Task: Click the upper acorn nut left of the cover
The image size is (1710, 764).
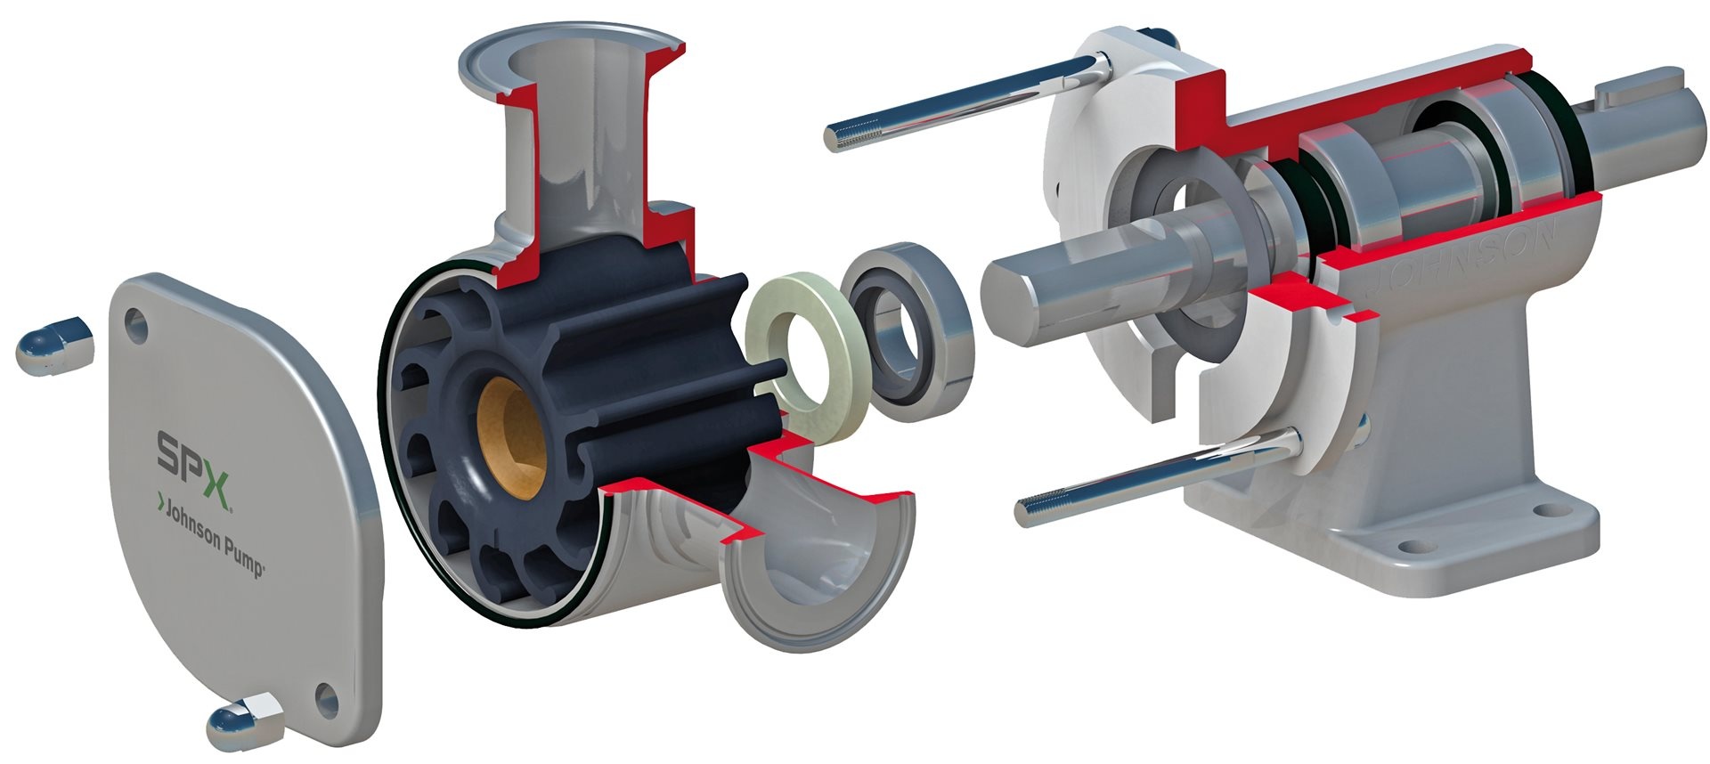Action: [x=53, y=342]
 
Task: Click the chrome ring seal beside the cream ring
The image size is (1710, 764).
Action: [x=908, y=325]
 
